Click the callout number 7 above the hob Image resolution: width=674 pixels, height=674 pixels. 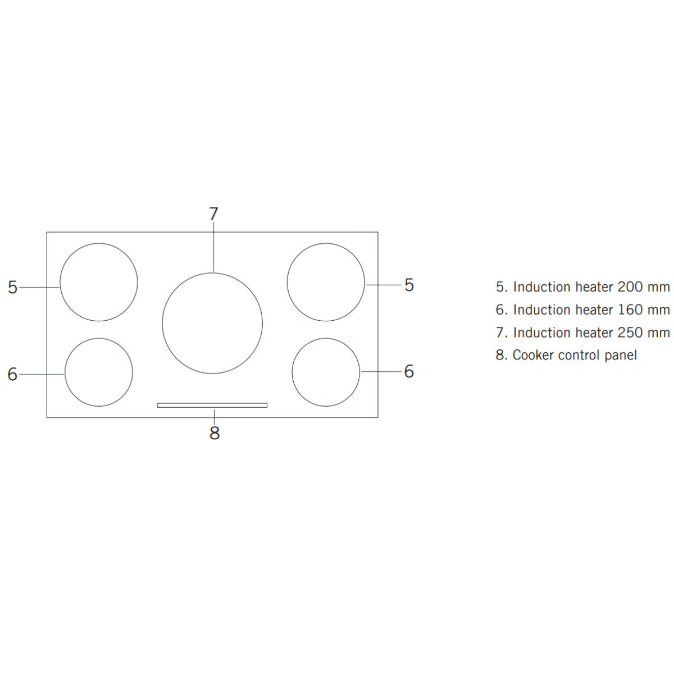click(x=213, y=213)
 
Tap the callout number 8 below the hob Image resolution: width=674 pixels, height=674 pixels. click(x=215, y=433)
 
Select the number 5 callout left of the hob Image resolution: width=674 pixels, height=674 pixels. click(x=12, y=287)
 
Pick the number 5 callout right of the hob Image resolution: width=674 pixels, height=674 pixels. click(x=409, y=285)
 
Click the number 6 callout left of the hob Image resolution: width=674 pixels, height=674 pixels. click(x=12, y=374)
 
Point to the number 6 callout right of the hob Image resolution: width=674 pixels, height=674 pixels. click(x=409, y=371)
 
